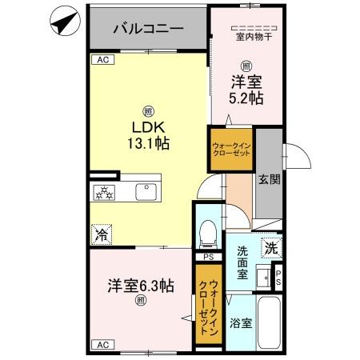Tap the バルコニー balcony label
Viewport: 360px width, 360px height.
coord(148,29)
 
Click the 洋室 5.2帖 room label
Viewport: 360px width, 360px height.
coord(247,90)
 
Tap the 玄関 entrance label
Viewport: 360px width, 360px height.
coord(269,180)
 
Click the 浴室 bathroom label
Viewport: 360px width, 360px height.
coord(242,324)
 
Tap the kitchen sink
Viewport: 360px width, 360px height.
coord(146,192)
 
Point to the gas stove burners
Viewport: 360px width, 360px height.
coord(103,192)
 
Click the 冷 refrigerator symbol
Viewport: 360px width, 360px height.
coord(102,234)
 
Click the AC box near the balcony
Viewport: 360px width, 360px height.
coord(102,60)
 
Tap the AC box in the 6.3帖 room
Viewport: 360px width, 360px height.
coord(102,344)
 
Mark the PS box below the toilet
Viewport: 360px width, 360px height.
coord(207,257)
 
